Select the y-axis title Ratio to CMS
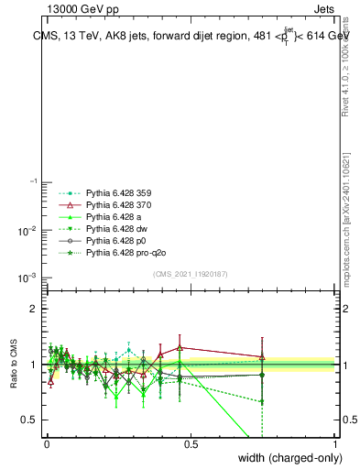point(14,365)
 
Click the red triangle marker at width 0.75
point(263,357)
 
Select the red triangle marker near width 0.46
point(180,347)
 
